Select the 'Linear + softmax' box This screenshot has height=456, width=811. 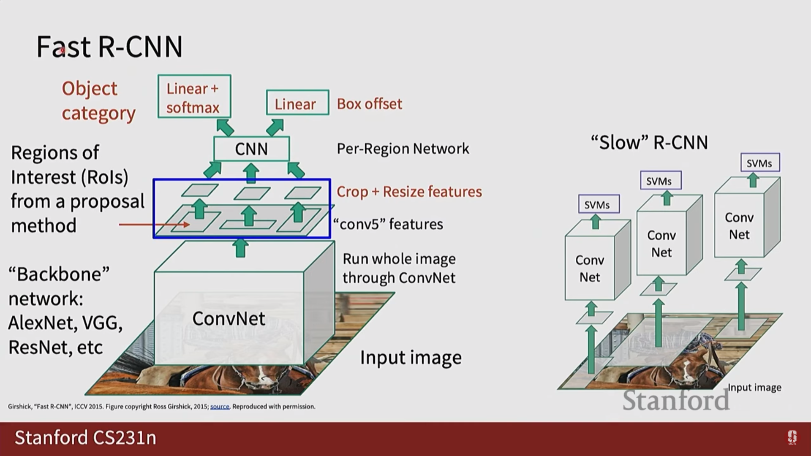[194, 97]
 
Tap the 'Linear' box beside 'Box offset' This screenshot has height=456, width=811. [297, 103]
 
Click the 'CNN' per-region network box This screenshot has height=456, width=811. [251, 149]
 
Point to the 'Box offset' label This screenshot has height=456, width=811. [369, 104]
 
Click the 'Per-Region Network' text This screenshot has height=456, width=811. [403, 149]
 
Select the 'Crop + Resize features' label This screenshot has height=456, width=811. [409, 192]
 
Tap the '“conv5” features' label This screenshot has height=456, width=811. [388, 224]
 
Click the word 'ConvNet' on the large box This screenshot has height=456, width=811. [229, 318]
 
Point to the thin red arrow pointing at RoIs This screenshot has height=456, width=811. [154, 225]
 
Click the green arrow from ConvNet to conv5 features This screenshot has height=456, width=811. [241, 248]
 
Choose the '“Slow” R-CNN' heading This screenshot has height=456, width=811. [649, 143]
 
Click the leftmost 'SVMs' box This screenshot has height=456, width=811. [598, 205]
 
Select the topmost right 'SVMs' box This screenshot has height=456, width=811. [760, 163]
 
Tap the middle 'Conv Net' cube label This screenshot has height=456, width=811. [661, 244]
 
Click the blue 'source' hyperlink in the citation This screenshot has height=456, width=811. [220, 407]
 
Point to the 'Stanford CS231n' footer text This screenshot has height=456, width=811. [85, 438]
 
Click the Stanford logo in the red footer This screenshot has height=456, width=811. [792, 437]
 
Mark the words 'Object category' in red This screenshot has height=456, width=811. [98, 101]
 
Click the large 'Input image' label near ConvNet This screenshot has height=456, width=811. [411, 358]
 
